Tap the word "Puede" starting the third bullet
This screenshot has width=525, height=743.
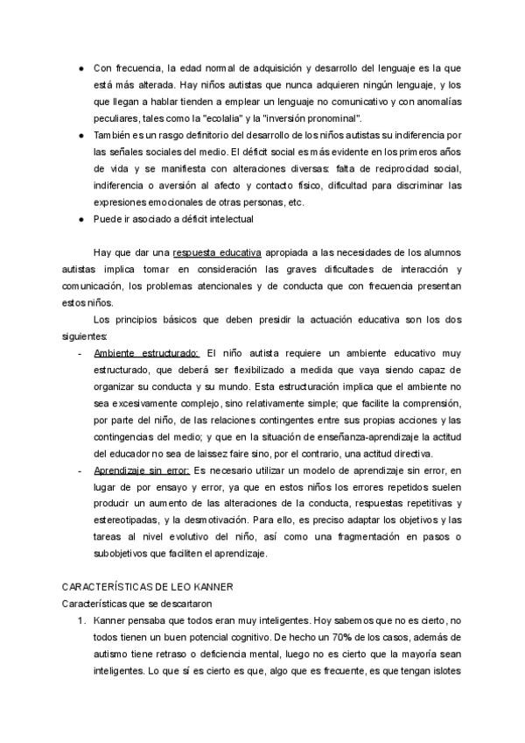(107, 218)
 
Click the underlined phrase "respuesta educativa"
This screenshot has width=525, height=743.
(212, 252)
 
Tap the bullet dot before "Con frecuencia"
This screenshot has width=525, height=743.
(80, 67)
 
